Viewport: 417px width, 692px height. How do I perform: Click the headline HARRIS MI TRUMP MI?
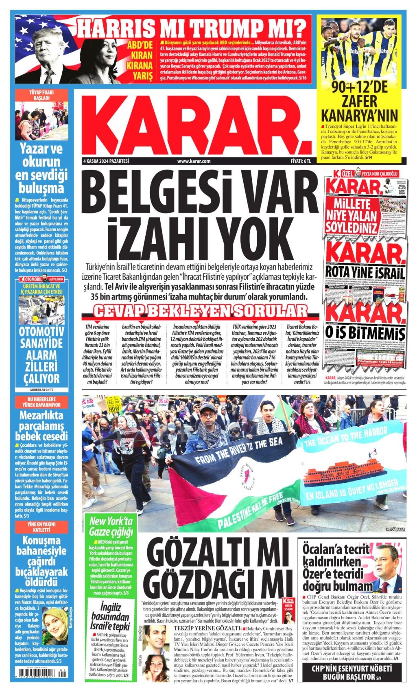(x=191, y=28)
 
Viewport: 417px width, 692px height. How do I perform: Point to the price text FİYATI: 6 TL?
(x=301, y=161)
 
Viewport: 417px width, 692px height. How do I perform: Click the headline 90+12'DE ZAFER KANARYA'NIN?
(x=359, y=102)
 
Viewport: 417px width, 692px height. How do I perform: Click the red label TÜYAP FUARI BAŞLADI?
(x=41, y=95)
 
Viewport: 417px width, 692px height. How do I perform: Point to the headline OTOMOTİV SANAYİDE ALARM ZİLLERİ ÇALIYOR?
(x=41, y=355)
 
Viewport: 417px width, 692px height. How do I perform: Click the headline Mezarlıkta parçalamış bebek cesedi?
(x=41, y=426)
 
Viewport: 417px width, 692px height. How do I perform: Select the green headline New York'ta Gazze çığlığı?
(x=111, y=526)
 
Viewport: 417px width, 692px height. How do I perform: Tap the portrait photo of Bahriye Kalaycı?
(x=55, y=626)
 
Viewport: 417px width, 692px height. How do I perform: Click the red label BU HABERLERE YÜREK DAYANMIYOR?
(x=41, y=402)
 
